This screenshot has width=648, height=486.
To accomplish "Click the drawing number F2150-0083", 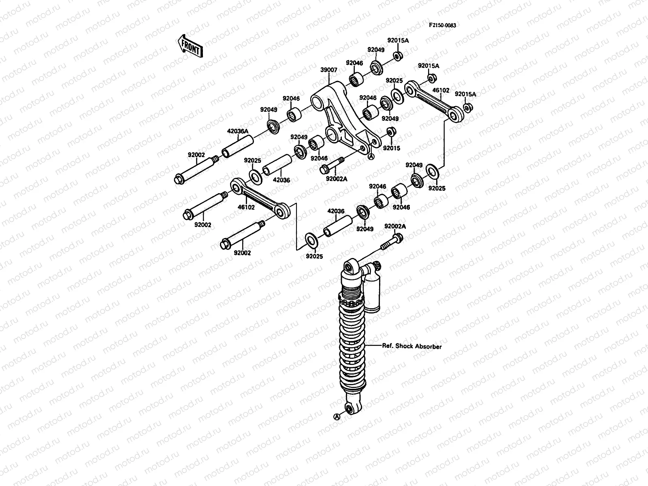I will [442, 25].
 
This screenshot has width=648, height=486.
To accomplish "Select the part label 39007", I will [328, 70].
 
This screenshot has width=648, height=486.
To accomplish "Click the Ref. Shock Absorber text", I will [412, 346].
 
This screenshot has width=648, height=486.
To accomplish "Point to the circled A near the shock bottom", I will [336, 416].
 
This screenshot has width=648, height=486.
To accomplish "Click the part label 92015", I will [392, 148].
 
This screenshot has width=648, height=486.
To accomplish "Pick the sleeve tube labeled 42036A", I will [237, 147].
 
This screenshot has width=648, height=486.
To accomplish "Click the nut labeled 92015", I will [391, 132].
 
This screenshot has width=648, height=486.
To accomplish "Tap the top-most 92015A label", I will [398, 40].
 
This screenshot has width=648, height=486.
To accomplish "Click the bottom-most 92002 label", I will [242, 253].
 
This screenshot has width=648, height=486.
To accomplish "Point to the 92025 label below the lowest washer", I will [314, 256].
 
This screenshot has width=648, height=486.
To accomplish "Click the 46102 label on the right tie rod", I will [441, 90].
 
